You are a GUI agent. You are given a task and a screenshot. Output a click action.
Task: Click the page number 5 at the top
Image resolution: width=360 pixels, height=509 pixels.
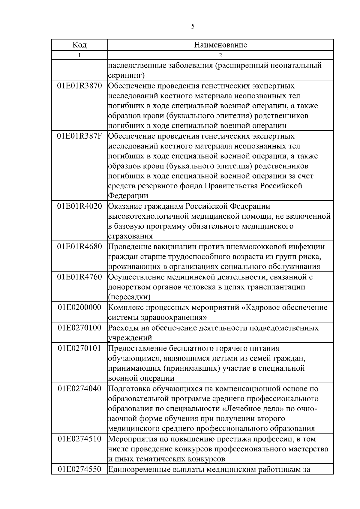click(x=193, y=27)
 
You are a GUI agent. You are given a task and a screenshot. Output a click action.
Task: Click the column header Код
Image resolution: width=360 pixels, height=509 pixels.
click(x=79, y=45)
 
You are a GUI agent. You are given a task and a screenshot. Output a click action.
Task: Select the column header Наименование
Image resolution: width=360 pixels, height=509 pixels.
click(x=220, y=45)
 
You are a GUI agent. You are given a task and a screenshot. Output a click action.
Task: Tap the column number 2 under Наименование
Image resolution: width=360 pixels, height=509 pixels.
click(x=220, y=55)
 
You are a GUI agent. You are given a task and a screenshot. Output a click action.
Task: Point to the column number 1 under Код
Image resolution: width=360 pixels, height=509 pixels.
click(x=79, y=55)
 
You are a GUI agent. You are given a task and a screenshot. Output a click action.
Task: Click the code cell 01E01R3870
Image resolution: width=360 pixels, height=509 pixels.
click(x=79, y=86)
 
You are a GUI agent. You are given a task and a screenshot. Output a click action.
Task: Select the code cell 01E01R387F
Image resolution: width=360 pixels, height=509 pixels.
click(x=79, y=136)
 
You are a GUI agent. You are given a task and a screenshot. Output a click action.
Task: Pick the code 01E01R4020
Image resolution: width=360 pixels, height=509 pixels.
click(x=79, y=207)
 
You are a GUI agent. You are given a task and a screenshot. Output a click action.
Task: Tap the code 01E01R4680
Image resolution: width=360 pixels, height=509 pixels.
click(x=79, y=247)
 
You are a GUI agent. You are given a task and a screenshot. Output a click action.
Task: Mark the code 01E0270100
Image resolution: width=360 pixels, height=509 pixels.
click(x=79, y=328)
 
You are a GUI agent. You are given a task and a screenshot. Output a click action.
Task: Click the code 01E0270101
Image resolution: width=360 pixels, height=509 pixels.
click(x=79, y=349)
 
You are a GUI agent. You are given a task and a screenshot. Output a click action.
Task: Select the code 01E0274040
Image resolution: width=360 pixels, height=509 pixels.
click(x=79, y=389)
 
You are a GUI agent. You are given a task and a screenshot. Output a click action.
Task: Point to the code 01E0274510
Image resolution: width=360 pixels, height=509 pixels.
click(x=79, y=439)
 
